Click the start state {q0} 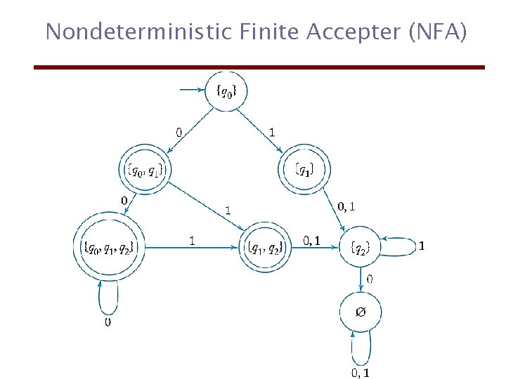(225, 91)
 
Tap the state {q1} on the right (304, 169)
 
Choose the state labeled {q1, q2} (265, 247)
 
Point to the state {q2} (360, 246)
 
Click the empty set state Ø (360, 311)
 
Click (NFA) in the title (432, 32)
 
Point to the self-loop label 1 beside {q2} (421, 246)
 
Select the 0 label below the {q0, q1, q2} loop (107, 322)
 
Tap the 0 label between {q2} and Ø (370, 279)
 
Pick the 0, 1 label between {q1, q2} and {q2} (311, 241)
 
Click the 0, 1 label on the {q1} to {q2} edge (346, 206)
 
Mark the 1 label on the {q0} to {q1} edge (272, 131)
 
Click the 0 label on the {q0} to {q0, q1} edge (179, 131)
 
